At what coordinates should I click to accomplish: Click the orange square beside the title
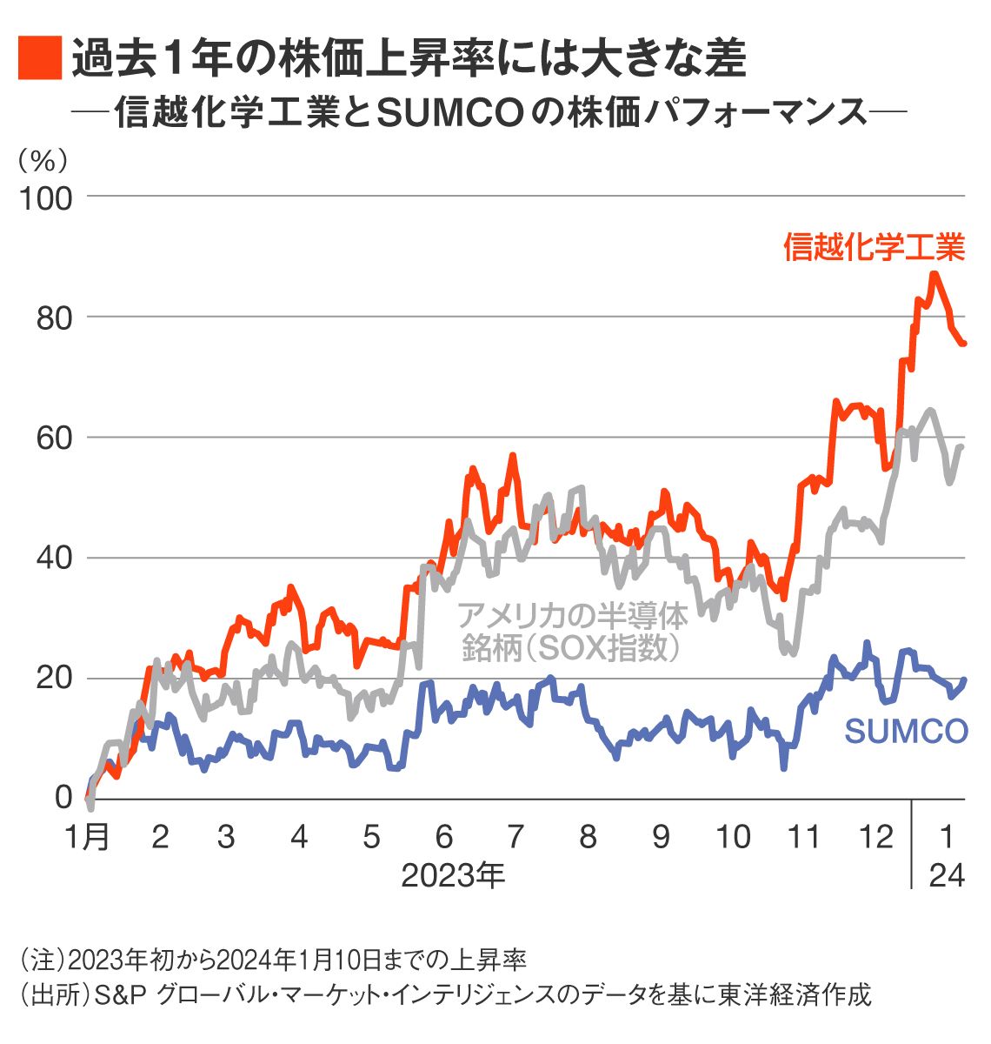tap(40, 58)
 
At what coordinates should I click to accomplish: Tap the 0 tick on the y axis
tap(63, 797)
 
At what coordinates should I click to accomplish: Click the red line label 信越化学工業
tap(873, 248)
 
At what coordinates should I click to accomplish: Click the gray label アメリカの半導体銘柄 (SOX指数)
tap(571, 632)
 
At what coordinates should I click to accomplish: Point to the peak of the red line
tap(934, 275)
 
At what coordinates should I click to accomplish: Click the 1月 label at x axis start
tap(88, 837)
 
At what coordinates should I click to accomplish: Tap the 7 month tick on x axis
tap(515, 837)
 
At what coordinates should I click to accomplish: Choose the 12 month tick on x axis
tap(876, 837)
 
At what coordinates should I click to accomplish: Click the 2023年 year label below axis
tap(453, 875)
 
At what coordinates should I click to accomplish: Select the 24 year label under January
tap(947, 875)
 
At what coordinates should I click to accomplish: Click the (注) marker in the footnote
tap(42, 960)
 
